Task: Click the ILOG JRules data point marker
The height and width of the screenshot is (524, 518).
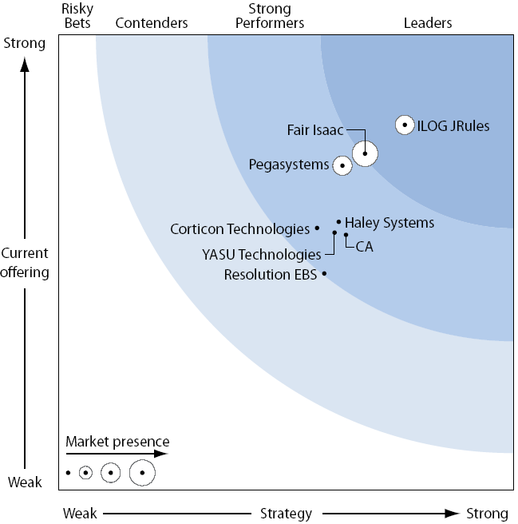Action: pos(405,125)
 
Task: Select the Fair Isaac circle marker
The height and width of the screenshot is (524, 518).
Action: pos(365,153)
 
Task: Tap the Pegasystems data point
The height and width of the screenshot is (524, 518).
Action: pos(342,165)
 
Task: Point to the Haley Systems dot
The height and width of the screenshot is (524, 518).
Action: pos(338,221)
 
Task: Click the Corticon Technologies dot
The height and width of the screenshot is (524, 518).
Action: pos(317,228)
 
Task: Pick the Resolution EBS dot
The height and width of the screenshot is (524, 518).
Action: pos(324,274)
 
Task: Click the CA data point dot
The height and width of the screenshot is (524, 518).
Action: pos(346,234)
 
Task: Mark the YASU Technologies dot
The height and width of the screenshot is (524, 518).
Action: pos(334,232)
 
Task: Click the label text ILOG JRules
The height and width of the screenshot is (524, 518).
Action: pos(454,125)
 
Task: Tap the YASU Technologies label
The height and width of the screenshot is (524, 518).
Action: pos(262,255)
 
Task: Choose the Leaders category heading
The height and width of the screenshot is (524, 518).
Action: pos(428,23)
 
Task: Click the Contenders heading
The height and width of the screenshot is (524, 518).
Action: pos(152,23)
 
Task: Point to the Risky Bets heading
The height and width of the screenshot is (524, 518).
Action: pos(77,16)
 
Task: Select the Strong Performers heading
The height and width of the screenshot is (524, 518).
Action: pos(264,16)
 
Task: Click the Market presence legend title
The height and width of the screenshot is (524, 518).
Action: pos(117,441)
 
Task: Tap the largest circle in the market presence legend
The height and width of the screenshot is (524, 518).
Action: pos(142,473)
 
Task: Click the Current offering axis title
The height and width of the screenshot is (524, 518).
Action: pos(25,263)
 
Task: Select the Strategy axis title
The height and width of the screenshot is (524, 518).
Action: pos(286,513)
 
